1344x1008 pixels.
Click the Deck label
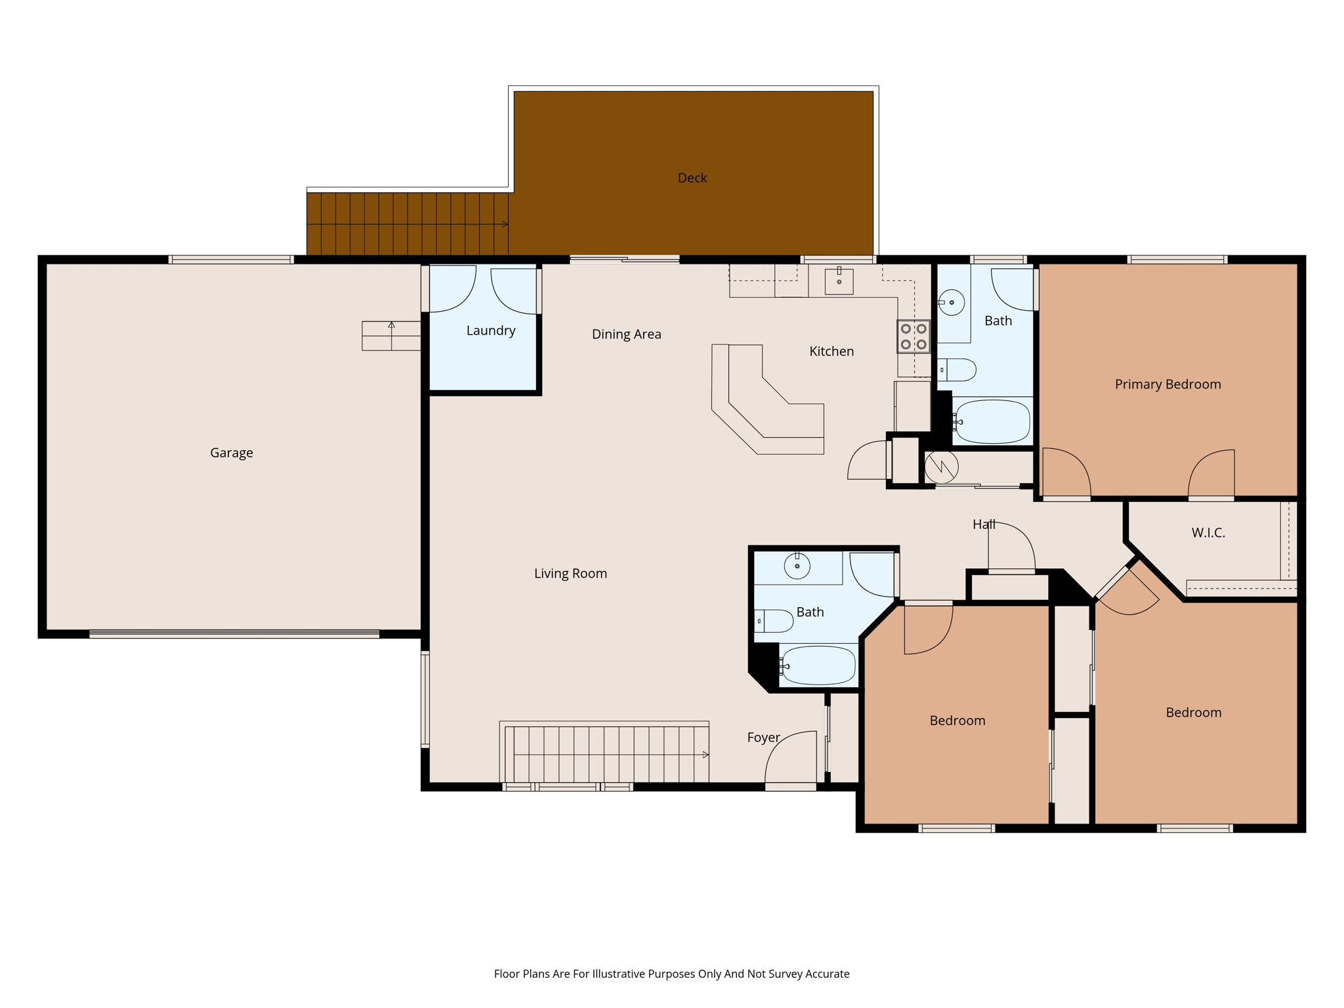coord(692,178)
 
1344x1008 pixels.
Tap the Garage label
coord(231,453)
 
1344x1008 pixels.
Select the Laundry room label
coord(490,331)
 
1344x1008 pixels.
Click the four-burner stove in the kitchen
coord(913,337)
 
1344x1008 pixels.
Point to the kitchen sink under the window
coord(839,281)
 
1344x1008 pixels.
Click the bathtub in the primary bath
coord(993,422)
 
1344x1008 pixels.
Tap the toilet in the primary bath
coord(957,370)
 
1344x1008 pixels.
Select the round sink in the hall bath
coord(797,566)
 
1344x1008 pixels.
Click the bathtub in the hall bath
coord(818,665)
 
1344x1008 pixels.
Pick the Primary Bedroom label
coord(1167,385)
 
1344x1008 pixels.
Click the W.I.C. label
coord(1208,533)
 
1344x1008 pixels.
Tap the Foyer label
coord(763,738)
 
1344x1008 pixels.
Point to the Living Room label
coord(570,574)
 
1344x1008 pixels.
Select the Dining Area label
coord(626,334)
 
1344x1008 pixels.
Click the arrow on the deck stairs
coord(504,224)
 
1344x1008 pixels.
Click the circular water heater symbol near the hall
coord(942,467)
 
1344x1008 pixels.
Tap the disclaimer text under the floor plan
coord(671,974)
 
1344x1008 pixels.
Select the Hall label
coord(984,524)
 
